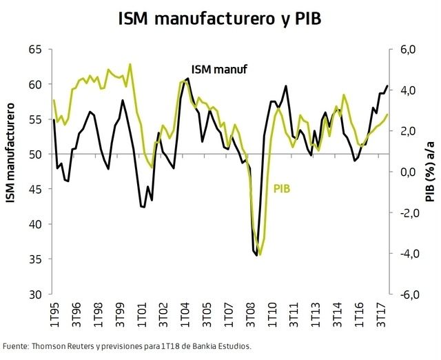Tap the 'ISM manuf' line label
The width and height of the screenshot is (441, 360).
(218, 69)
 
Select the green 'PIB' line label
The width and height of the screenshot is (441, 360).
(282, 187)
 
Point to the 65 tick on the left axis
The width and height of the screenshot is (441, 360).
(34, 50)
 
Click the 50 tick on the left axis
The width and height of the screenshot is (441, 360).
(34, 154)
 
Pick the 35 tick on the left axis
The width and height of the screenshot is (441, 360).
(34, 259)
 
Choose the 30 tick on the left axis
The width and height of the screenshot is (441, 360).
(34, 294)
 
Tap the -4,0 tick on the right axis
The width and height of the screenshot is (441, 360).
(406, 254)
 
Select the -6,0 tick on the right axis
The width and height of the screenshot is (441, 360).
(406, 294)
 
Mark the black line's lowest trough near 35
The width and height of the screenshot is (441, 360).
(257, 255)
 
